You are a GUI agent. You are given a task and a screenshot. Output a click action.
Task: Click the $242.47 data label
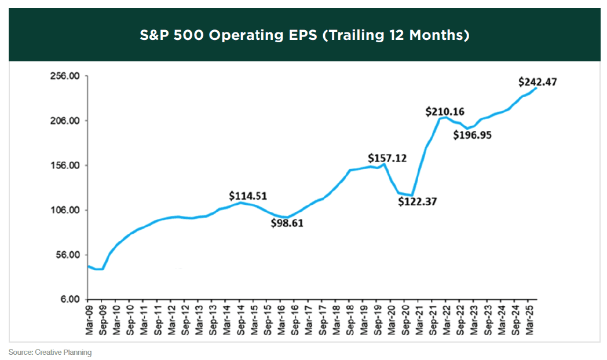(537, 82)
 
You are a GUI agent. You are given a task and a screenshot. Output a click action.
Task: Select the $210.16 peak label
(445, 111)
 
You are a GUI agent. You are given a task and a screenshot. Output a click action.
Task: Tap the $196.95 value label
(472, 135)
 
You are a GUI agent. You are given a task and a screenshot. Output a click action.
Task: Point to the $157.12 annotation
(387, 158)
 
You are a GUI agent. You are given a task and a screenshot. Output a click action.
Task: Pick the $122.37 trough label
(418, 202)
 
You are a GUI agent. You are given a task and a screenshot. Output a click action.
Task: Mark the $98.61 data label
(287, 223)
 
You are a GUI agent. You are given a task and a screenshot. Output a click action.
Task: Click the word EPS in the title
(299, 35)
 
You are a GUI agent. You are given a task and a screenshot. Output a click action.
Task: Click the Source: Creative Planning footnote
(50, 352)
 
